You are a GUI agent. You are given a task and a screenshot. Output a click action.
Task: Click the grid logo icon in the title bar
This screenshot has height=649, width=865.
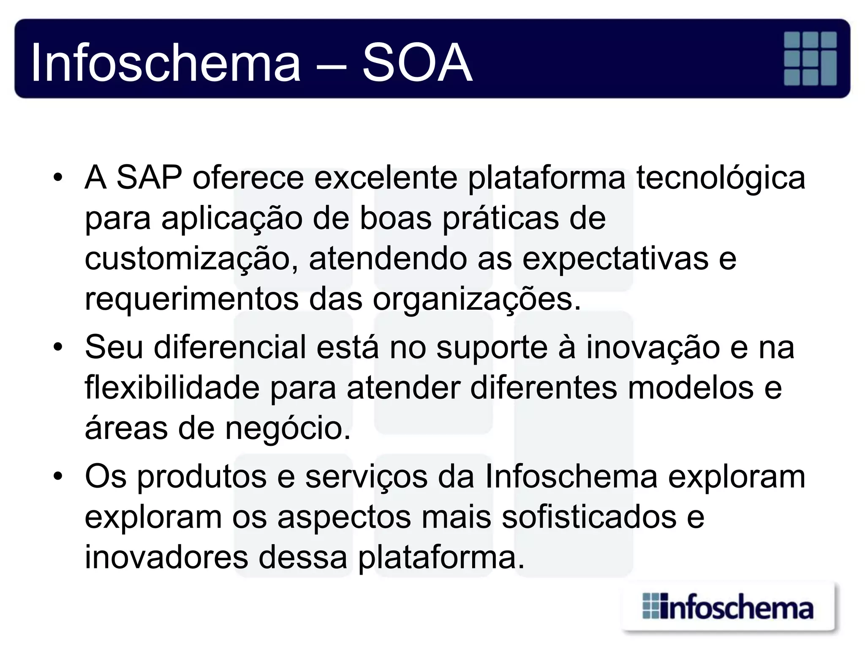pos(810,58)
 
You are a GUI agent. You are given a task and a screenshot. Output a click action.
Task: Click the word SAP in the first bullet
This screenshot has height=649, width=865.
pos(149,177)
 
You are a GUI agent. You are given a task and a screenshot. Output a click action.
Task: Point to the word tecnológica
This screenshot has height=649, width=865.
pos(721,177)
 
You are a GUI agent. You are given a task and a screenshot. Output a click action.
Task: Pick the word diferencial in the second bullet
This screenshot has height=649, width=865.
pos(230,347)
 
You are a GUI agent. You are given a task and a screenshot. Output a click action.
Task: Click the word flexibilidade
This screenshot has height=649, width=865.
pos(172,388)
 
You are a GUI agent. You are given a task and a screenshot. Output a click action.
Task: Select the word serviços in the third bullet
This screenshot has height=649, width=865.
pos(366,477)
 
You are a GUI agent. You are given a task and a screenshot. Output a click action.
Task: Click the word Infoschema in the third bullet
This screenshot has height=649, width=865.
pos(571,477)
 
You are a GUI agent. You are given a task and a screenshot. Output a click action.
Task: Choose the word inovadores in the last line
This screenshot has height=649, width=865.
pos(166,557)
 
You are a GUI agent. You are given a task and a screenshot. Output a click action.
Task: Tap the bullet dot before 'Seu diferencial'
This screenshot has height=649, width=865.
pos(58,347)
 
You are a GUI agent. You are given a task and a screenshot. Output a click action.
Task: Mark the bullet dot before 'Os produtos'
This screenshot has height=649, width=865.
pos(58,476)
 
